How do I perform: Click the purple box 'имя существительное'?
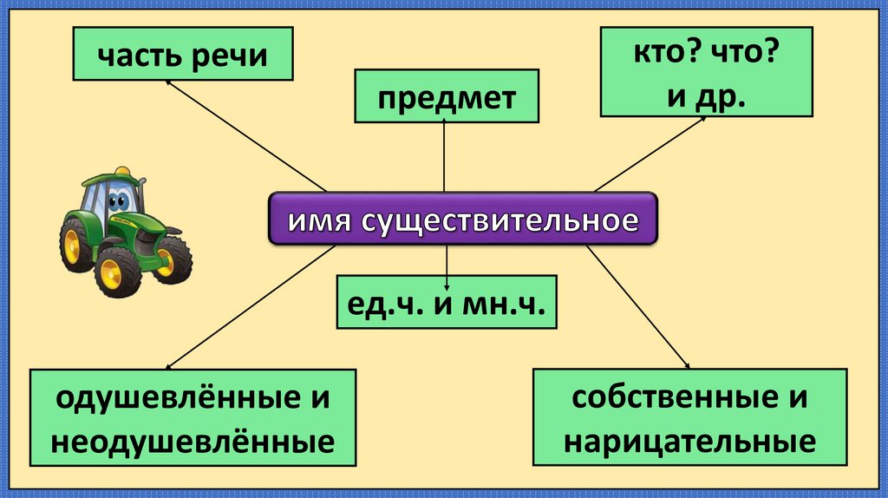(x=462, y=218)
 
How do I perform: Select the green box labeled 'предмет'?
(x=446, y=97)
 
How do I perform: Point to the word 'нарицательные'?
(x=689, y=441)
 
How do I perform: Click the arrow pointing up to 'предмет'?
(x=444, y=156)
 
